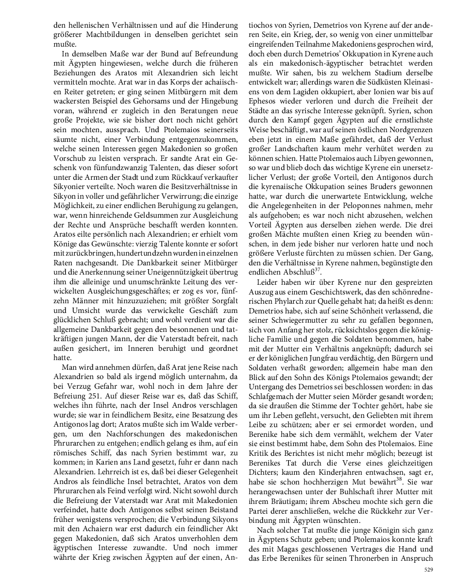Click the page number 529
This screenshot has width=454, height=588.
(x=428, y=569)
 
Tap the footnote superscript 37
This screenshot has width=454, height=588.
(x=318, y=269)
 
